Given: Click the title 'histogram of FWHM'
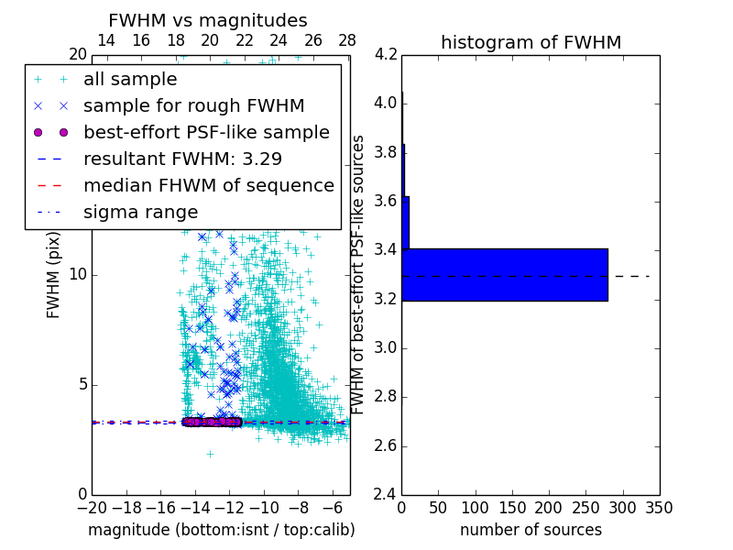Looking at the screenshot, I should click(531, 42).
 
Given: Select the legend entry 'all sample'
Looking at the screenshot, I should click(130, 80).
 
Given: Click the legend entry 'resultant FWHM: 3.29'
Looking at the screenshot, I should click(182, 159).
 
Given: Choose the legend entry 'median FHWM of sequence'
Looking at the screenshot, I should click(208, 185).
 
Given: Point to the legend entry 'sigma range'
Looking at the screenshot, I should click(140, 212).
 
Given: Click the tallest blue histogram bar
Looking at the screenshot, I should click(504, 274).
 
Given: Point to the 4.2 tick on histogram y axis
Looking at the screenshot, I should click(386, 54).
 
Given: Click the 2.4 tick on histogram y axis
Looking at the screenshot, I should click(386, 494).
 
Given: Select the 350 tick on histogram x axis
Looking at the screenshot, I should click(660, 507).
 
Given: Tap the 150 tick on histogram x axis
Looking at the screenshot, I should click(512, 507).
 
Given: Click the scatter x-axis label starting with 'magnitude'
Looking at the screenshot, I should click(221, 530).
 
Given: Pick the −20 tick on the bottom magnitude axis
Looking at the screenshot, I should click(92, 507).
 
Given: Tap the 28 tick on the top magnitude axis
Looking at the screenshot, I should click(347, 41).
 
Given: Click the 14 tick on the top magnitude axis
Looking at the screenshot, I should click(106, 41).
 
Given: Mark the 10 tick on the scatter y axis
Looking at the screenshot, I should click(78, 274).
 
